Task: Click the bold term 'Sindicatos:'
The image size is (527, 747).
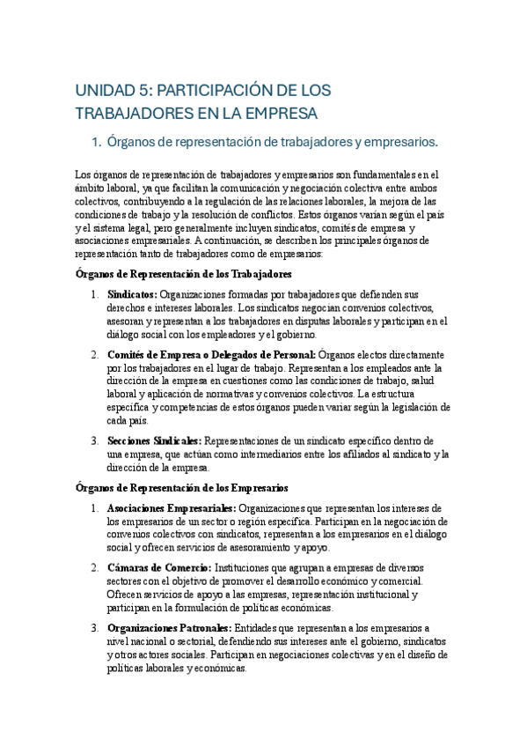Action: (x=132, y=293)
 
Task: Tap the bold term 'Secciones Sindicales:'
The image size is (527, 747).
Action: (x=154, y=440)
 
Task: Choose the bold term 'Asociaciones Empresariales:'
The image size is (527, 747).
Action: (x=171, y=508)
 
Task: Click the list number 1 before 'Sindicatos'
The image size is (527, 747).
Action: (x=94, y=293)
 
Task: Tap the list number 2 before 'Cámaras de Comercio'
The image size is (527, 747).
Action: (x=94, y=569)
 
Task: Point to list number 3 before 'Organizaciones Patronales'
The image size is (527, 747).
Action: (x=94, y=629)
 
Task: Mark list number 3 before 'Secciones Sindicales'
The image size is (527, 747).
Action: (x=94, y=440)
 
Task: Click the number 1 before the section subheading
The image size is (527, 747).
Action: (x=97, y=141)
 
